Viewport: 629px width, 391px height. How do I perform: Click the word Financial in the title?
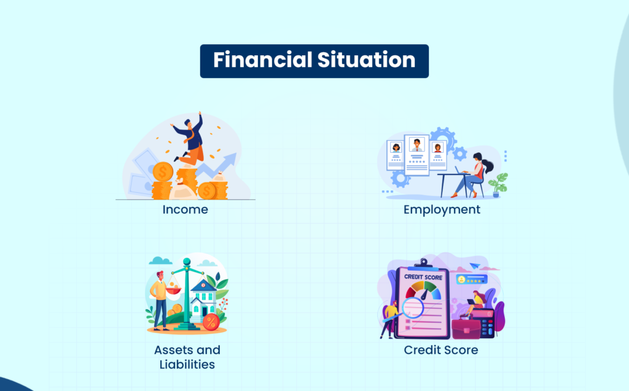[263, 60]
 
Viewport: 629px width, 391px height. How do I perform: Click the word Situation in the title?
[367, 60]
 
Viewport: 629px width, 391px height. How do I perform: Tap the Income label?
[186, 209]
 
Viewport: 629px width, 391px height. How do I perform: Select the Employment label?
[442, 210]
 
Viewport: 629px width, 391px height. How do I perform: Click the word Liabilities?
[187, 364]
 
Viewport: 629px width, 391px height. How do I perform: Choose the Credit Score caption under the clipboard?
[441, 350]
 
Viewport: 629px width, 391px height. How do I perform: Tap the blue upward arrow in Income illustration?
[217, 165]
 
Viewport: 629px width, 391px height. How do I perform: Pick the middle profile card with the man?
[417, 155]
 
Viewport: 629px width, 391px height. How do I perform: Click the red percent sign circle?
[211, 321]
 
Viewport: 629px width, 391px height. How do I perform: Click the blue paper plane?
[475, 266]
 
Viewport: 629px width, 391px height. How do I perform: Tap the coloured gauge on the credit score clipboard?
[423, 290]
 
